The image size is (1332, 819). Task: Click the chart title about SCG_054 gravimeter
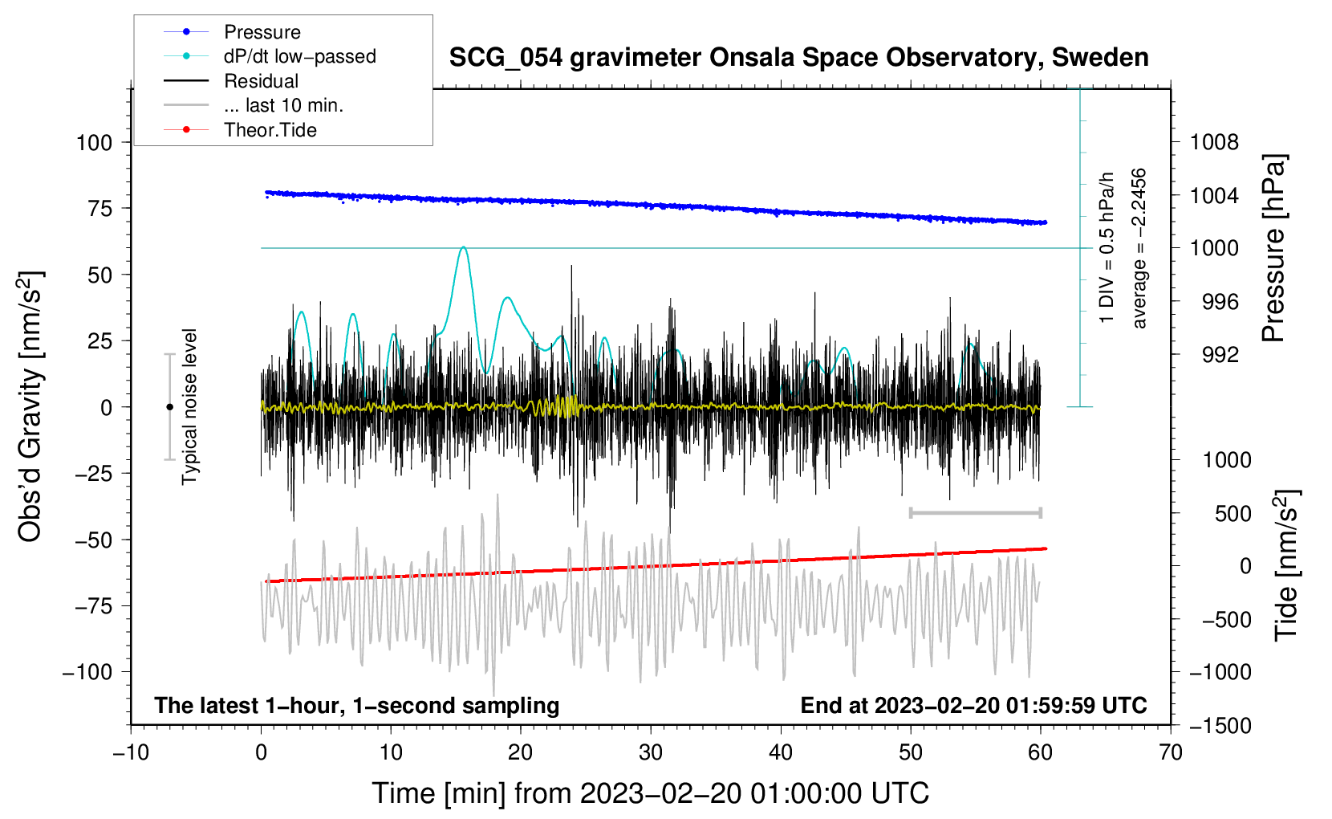tap(798, 58)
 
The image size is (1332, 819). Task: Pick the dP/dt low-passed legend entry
tap(299, 56)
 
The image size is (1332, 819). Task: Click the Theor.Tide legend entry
tap(270, 130)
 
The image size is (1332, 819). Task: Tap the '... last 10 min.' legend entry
tap(283, 105)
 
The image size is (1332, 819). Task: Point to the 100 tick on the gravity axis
tap(94, 143)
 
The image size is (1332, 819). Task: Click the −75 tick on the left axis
tap(94, 606)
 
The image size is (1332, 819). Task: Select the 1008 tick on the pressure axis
tap(1214, 143)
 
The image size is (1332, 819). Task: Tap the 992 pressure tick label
tap(1220, 355)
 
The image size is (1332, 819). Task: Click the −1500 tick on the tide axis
tap(1220, 726)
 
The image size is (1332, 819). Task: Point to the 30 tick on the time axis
tap(651, 753)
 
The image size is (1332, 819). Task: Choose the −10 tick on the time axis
tap(131, 753)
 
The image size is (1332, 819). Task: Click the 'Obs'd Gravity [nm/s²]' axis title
tap(30, 407)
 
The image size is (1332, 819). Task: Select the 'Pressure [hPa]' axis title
tap(1273, 249)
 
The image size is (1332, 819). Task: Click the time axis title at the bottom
tap(650, 793)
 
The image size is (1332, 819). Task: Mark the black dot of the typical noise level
tap(169, 407)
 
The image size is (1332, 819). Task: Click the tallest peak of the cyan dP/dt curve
tap(463, 247)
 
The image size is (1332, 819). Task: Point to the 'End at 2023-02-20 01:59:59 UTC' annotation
tap(973, 706)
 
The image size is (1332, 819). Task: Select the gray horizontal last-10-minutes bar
tap(975, 513)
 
